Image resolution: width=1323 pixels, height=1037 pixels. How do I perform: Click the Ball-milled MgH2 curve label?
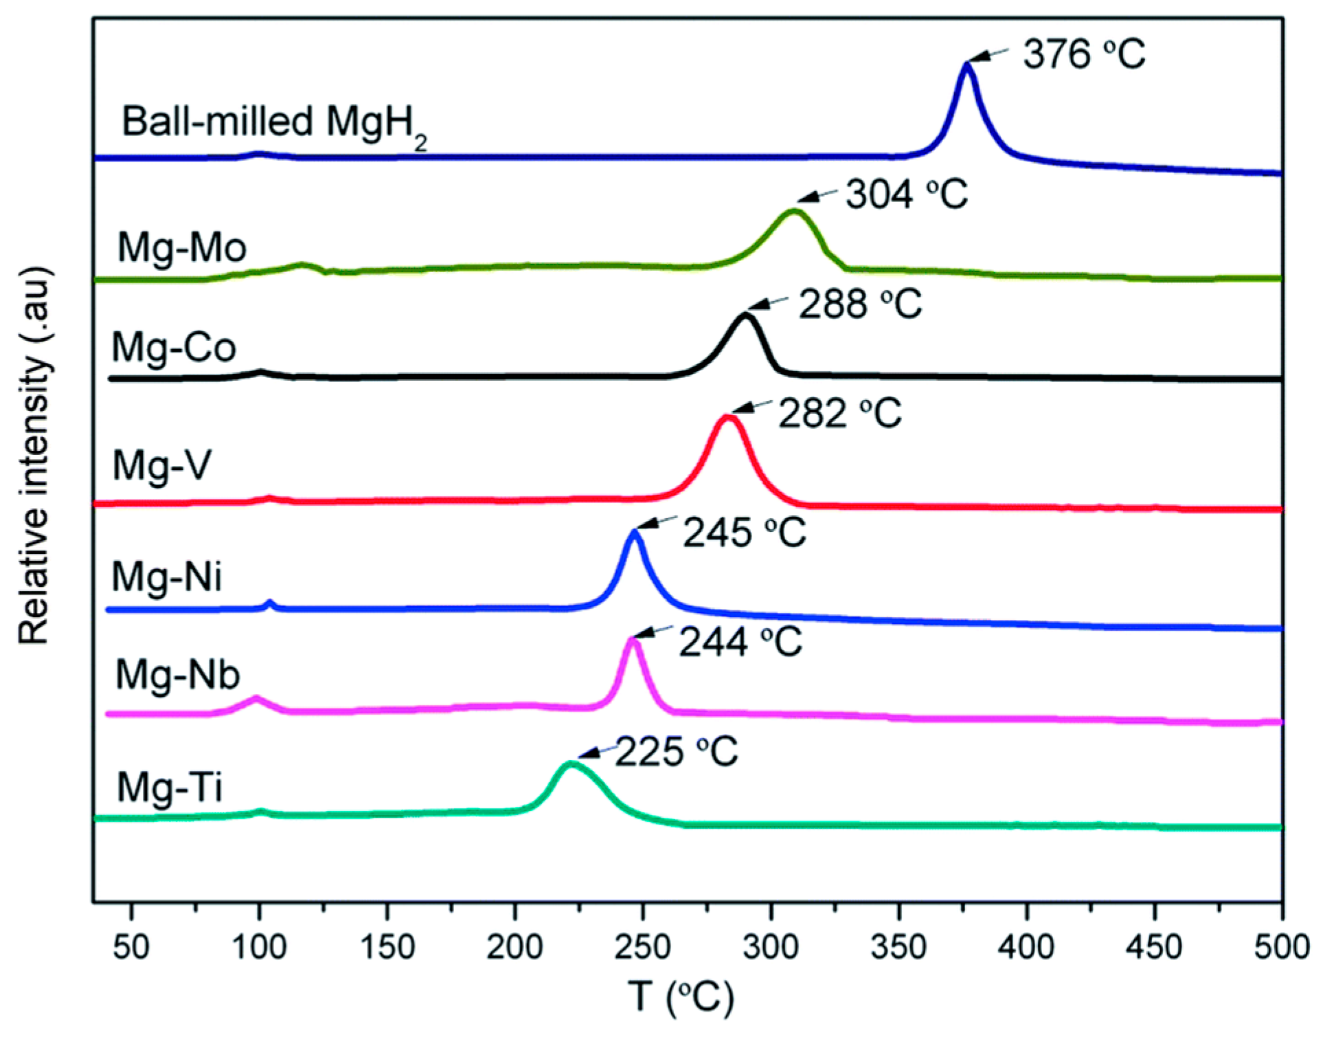pyautogui.click(x=273, y=124)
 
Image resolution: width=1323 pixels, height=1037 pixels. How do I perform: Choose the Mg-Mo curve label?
pyautogui.click(x=181, y=247)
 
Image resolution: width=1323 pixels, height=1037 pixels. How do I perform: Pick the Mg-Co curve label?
pyautogui.click(x=174, y=347)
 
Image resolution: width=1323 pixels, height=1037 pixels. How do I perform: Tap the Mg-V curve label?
pyautogui.click(x=161, y=465)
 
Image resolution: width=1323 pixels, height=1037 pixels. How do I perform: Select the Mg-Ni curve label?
pyautogui.click(x=167, y=576)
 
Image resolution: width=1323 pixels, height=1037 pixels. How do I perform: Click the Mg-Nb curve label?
pyautogui.click(x=177, y=675)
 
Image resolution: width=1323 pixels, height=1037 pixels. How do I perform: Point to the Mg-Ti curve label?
pyautogui.click(x=169, y=787)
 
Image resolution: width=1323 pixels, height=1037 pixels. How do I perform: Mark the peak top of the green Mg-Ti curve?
pyautogui.click(x=569, y=763)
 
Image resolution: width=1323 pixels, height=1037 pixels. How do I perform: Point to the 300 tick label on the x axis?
pyautogui.click(x=771, y=948)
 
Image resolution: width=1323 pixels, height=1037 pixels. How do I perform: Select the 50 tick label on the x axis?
pyautogui.click(x=131, y=948)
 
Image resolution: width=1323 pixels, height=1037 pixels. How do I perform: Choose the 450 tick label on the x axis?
pyautogui.click(x=1154, y=948)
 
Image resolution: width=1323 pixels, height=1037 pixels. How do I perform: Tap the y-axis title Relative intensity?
pyautogui.click(x=34, y=454)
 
